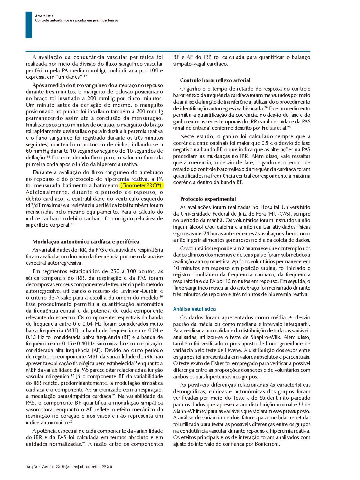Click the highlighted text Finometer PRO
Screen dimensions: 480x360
pyautogui.click(x=141, y=185)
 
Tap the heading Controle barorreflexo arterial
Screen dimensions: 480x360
pyautogui.click(x=215, y=80)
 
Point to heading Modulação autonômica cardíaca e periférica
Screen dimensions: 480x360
pyautogui.click(x=86, y=242)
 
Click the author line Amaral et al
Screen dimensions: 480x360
pyautogui.click(x=45, y=16)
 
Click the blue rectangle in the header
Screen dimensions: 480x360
pyautogui.click(x=29, y=25)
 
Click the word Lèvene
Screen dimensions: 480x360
pyautogui.click(x=231, y=350)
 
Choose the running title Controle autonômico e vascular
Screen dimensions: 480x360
pyautogui.click(x=77, y=21)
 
